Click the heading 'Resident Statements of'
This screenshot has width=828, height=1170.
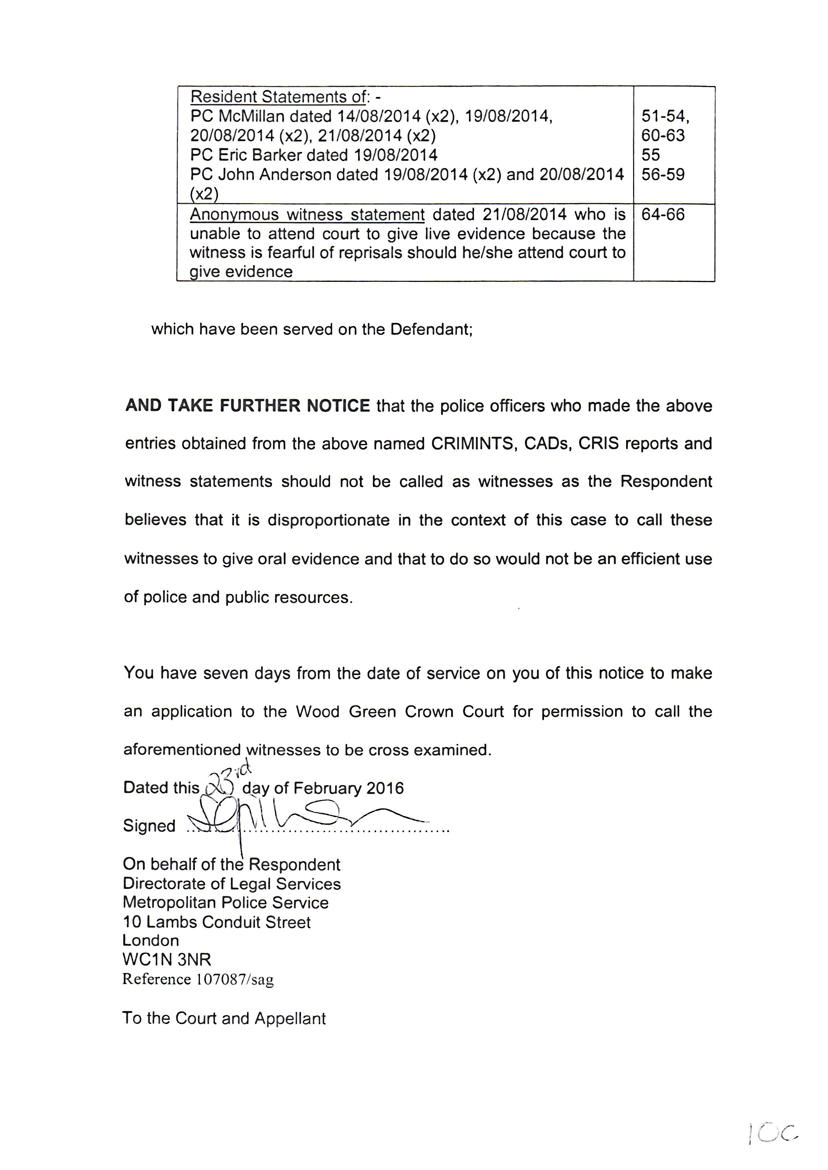(278, 97)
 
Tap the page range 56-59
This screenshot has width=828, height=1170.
(663, 174)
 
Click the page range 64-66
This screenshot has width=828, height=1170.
(663, 214)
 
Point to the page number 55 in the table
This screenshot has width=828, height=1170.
(650, 155)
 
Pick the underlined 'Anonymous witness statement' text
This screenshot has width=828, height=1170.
(307, 214)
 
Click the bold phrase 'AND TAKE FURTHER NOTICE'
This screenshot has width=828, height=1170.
(247, 406)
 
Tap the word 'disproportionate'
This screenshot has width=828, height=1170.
(329, 520)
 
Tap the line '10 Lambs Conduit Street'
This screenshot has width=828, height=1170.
(217, 922)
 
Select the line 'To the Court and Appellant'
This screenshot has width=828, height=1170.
(224, 1018)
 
